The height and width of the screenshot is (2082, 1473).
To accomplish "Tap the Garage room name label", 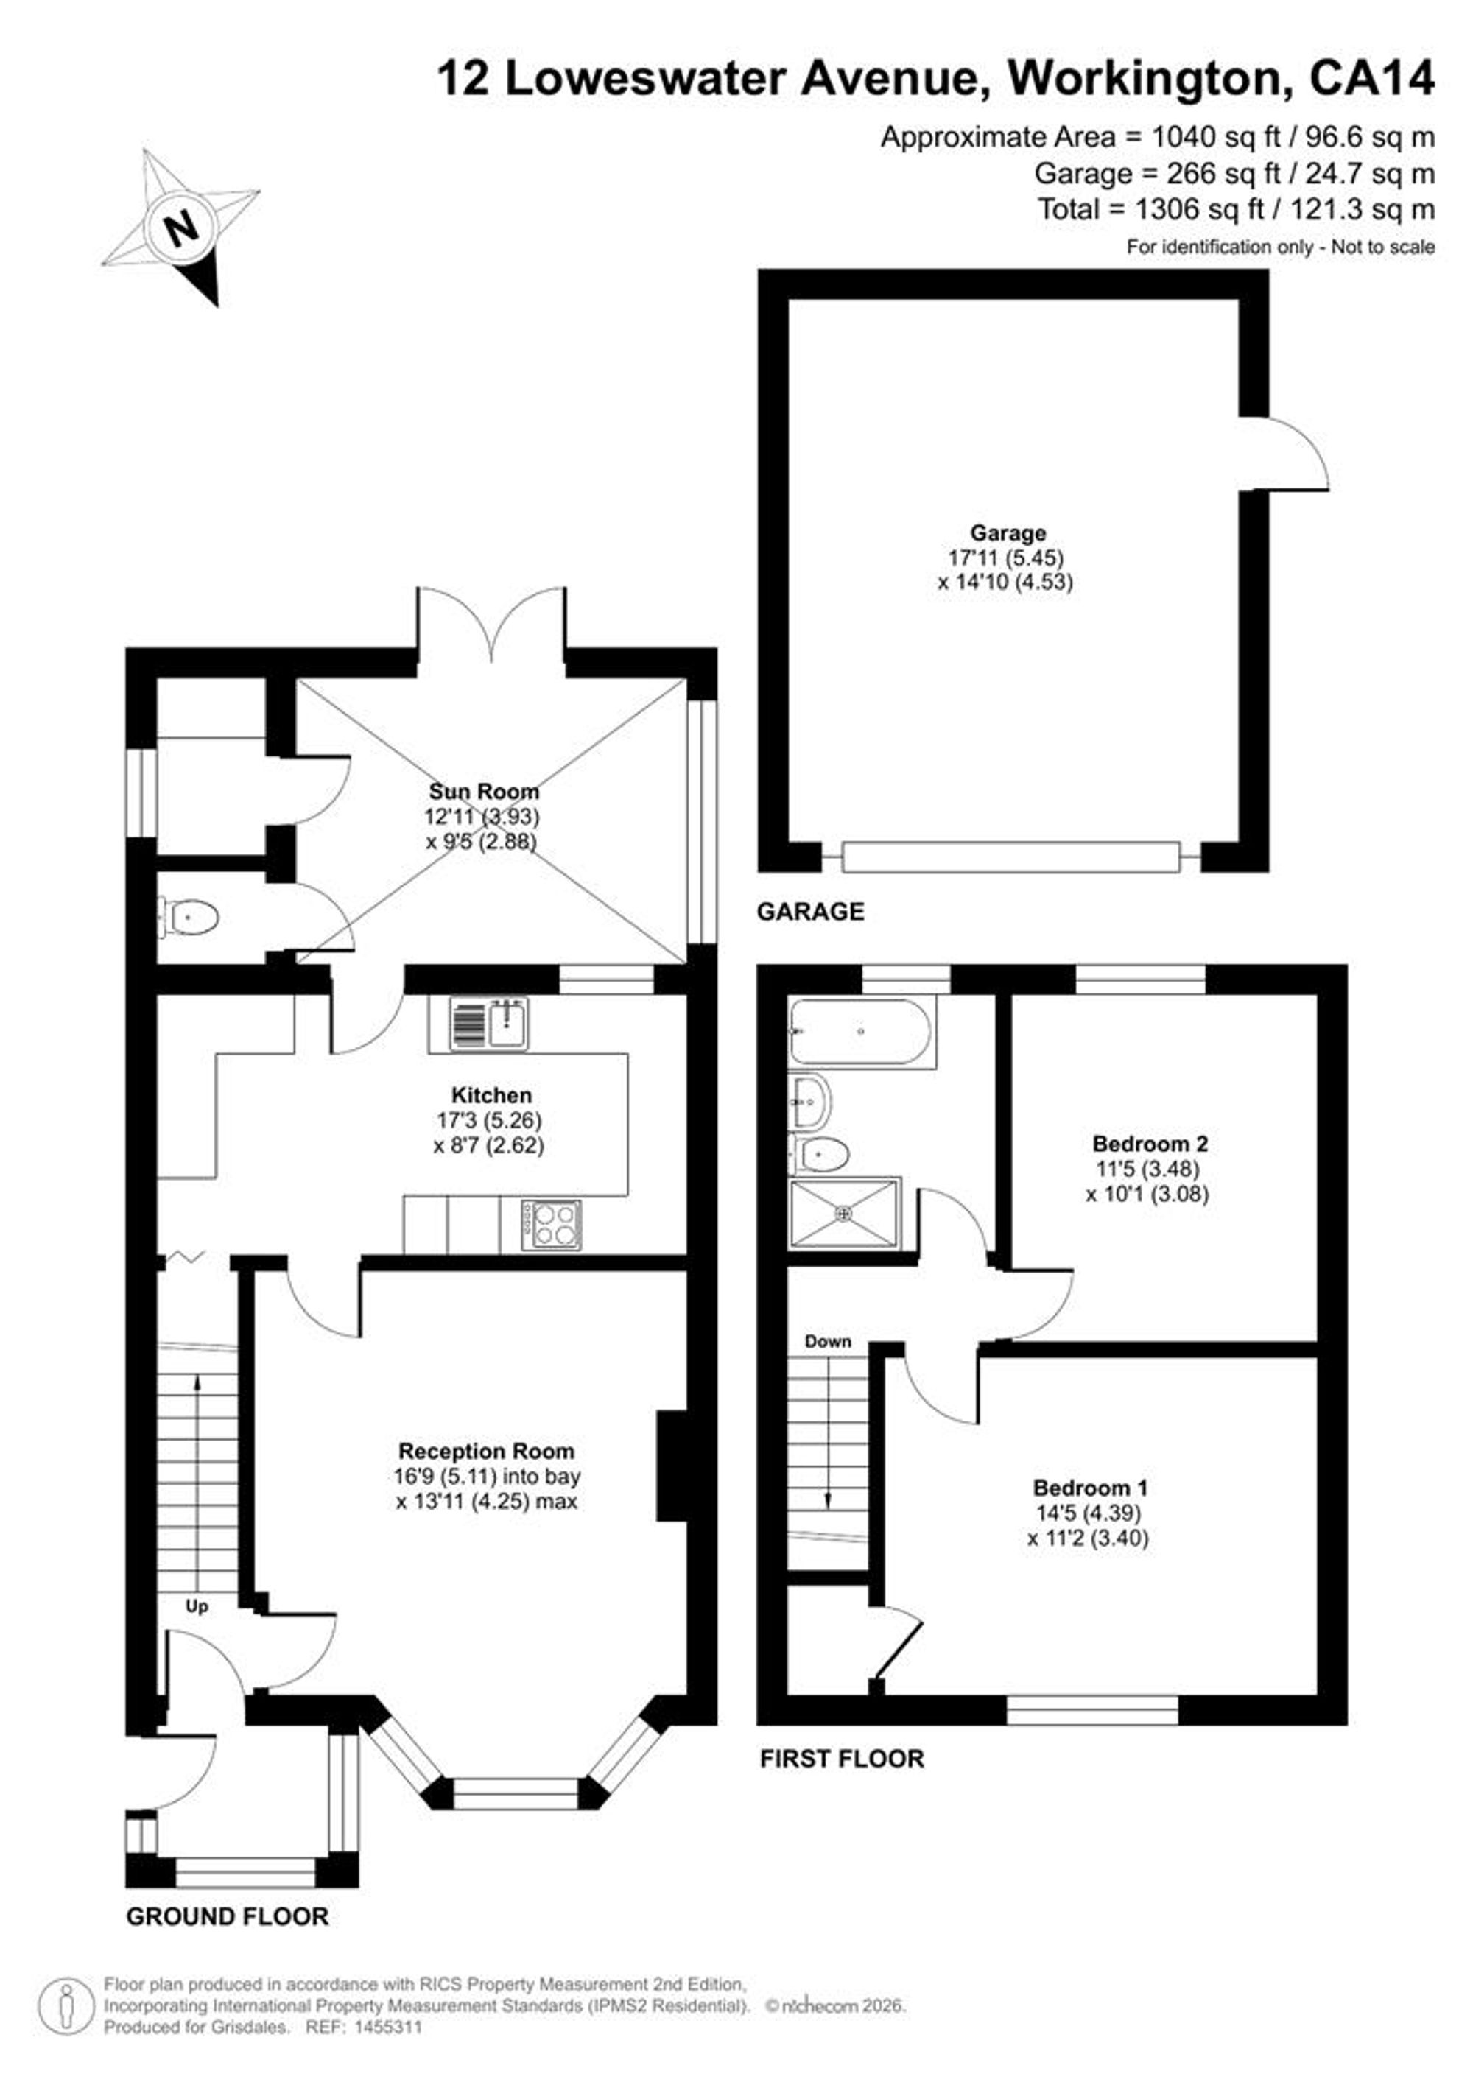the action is (1008, 533).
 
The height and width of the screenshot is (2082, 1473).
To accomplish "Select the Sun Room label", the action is (483, 792).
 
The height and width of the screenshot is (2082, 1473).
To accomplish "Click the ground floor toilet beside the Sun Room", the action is (189, 917).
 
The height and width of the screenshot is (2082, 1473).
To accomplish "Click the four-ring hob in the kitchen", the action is (552, 1225).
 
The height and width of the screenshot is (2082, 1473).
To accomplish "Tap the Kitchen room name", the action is (491, 1094).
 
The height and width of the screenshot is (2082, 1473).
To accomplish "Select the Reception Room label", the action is (486, 1451).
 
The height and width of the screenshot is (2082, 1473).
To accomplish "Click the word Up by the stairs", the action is (197, 1607).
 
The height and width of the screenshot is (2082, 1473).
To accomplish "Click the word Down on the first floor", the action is (828, 1341).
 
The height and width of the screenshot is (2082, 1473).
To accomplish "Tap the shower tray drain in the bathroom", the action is (845, 1212).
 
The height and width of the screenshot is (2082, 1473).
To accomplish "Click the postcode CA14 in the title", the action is (1371, 79).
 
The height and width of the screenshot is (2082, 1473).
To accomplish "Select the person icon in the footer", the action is (66, 2006).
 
